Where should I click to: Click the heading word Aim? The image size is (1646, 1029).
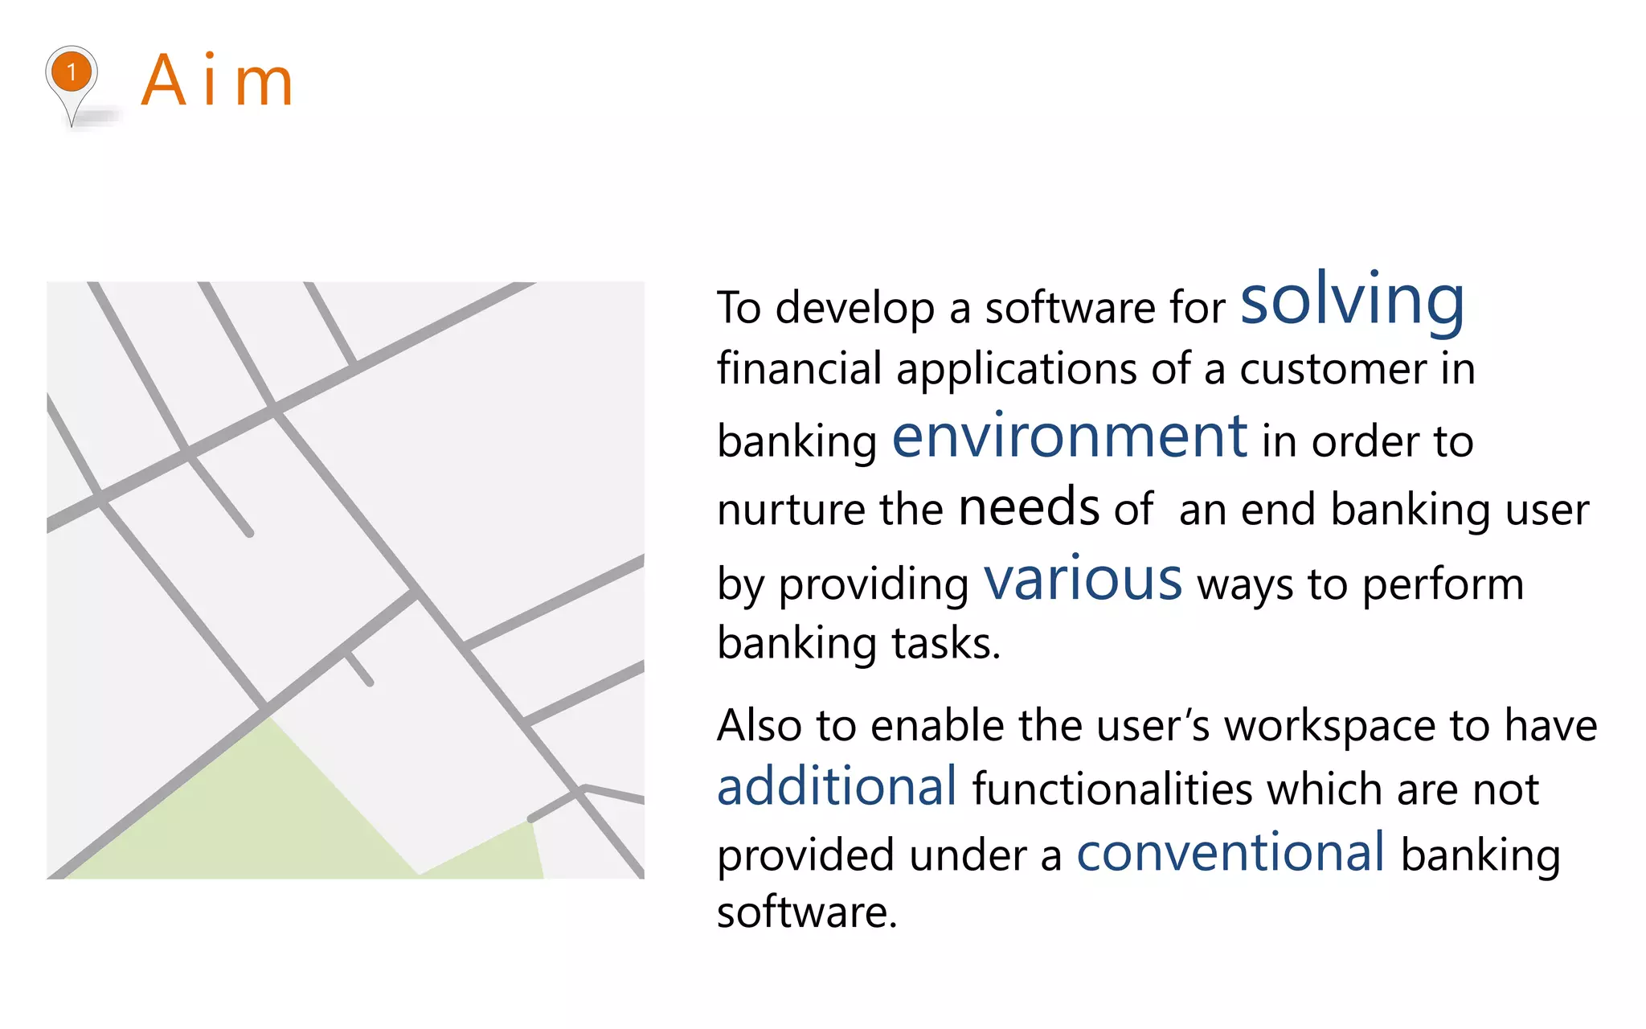coord(217,80)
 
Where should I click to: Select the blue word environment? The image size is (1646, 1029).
coord(1070,437)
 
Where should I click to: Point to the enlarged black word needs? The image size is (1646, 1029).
coord(1029,507)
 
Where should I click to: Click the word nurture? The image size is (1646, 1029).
coord(791,510)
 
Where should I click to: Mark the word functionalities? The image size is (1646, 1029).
coord(1112,789)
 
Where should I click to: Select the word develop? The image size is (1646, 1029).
coord(855,309)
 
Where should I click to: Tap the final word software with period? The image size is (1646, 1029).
coord(806,912)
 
